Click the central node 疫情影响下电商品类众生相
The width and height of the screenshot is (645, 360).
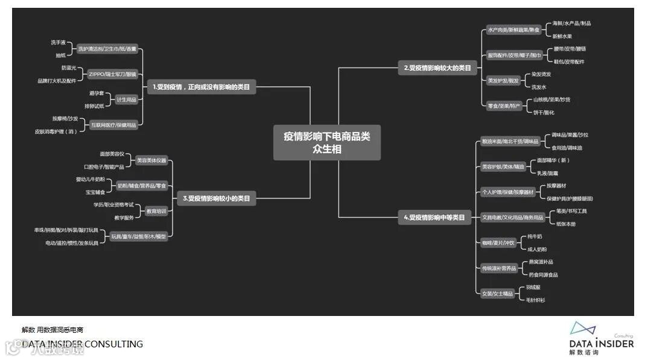[x=327, y=142]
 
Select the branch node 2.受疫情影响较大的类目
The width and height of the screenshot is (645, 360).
[x=437, y=68]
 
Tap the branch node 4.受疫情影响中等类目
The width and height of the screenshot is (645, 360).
[x=434, y=218]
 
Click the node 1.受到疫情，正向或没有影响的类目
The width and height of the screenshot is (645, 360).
[x=201, y=87]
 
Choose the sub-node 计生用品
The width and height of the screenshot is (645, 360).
[x=126, y=99]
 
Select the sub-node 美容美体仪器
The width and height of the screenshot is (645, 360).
[x=151, y=160]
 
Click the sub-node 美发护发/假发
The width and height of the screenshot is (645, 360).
[x=503, y=80]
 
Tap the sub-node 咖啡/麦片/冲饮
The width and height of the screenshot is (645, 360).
[x=499, y=242]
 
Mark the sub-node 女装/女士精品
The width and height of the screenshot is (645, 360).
[x=497, y=294]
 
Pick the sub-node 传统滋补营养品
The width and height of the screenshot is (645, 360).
[x=499, y=268]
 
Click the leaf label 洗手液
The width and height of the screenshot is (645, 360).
[x=59, y=42]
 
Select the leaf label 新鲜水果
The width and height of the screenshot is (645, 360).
[x=562, y=36]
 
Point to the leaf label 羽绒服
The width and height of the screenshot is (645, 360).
[x=533, y=287]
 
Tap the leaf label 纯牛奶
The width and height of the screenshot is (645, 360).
[x=535, y=236]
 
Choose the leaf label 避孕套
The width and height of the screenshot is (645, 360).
[x=97, y=93]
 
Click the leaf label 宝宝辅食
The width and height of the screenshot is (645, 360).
[x=95, y=192]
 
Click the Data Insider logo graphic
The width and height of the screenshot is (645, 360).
[x=582, y=329]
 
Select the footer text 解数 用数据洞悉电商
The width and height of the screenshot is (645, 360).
[x=52, y=330]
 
